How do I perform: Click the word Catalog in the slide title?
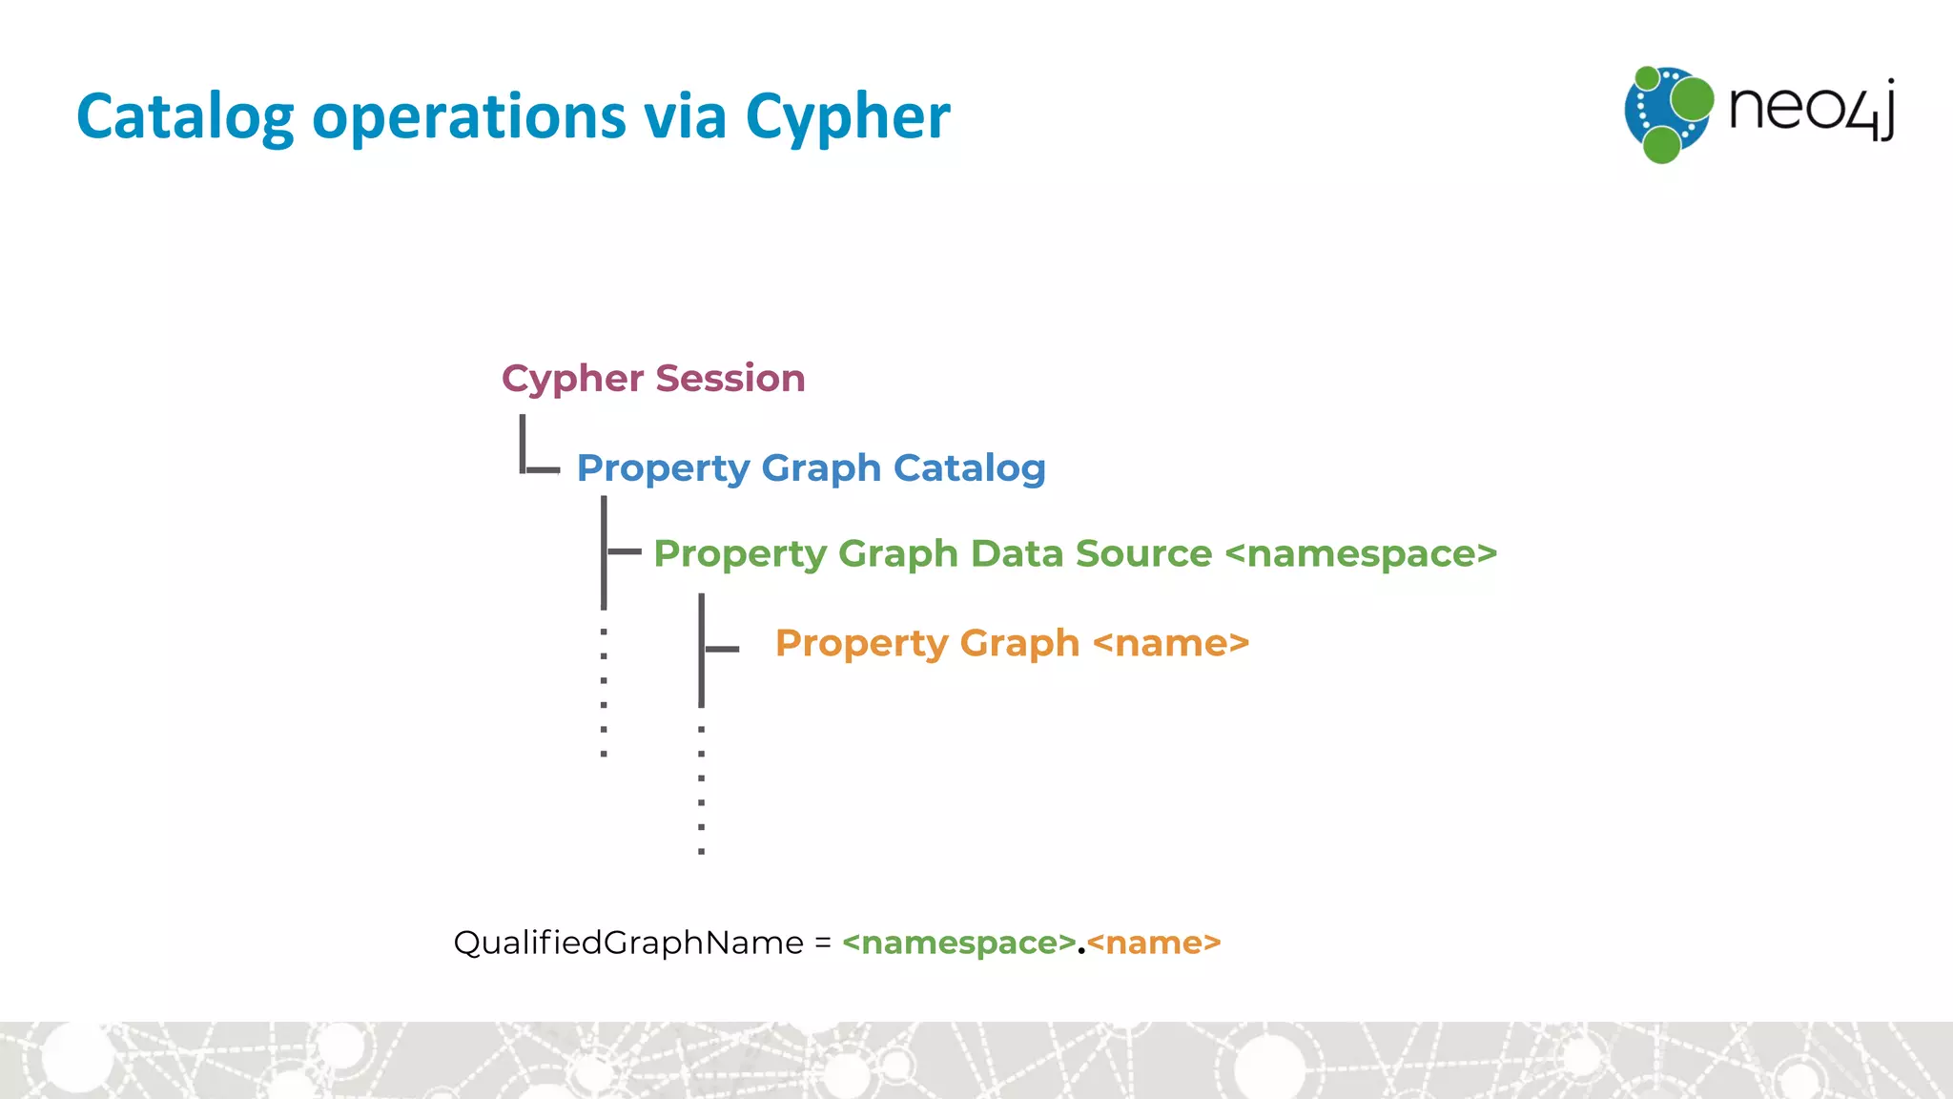185,117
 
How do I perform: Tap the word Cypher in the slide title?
847,117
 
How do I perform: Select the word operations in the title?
469,117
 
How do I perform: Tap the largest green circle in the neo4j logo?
1692,99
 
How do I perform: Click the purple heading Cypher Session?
653,379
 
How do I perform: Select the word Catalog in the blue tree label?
969,468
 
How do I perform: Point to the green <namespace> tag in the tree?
1361,554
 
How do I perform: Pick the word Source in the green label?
1143,554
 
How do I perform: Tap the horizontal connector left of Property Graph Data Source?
625,551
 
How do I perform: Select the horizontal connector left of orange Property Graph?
722,649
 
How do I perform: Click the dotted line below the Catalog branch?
604,693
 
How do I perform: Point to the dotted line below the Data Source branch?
702,790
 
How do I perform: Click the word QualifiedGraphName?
628,943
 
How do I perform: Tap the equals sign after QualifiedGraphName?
823,943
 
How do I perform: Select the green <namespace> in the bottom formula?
959,943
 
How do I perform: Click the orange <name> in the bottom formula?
1154,943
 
